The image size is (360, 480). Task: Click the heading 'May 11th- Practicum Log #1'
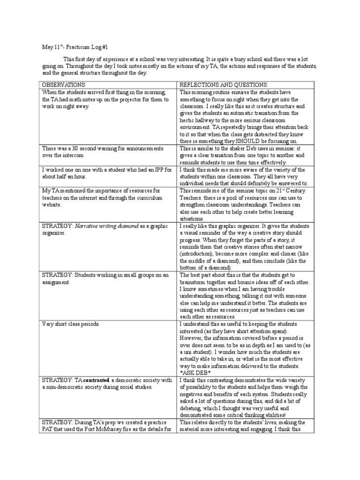point(75,47)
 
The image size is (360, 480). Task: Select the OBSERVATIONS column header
point(64,84)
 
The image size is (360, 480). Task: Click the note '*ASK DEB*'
point(195,372)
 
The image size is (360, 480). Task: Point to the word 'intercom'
point(72,155)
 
